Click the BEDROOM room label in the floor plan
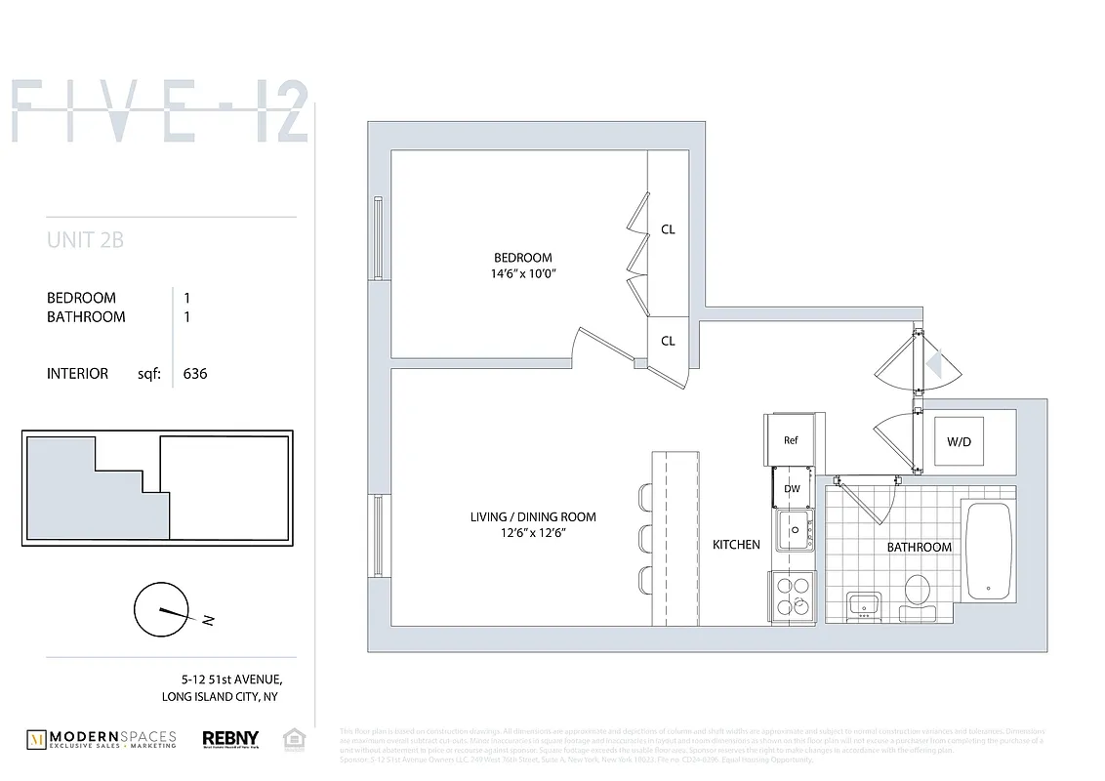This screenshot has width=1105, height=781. click(x=522, y=258)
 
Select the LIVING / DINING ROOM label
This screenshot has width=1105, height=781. click(x=532, y=516)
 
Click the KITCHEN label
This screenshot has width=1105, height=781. click(x=736, y=545)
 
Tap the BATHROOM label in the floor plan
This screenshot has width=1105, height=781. click(x=919, y=547)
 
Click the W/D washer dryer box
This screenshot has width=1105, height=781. click(x=960, y=441)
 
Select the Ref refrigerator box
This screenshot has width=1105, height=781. click(x=792, y=440)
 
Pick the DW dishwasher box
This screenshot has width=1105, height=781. click(x=792, y=488)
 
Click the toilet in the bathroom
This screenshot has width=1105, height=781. click(x=917, y=595)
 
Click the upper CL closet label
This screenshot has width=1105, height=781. click(x=669, y=229)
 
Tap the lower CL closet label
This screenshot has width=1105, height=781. click(x=669, y=341)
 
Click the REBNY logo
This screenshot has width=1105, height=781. click(x=228, y=739)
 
